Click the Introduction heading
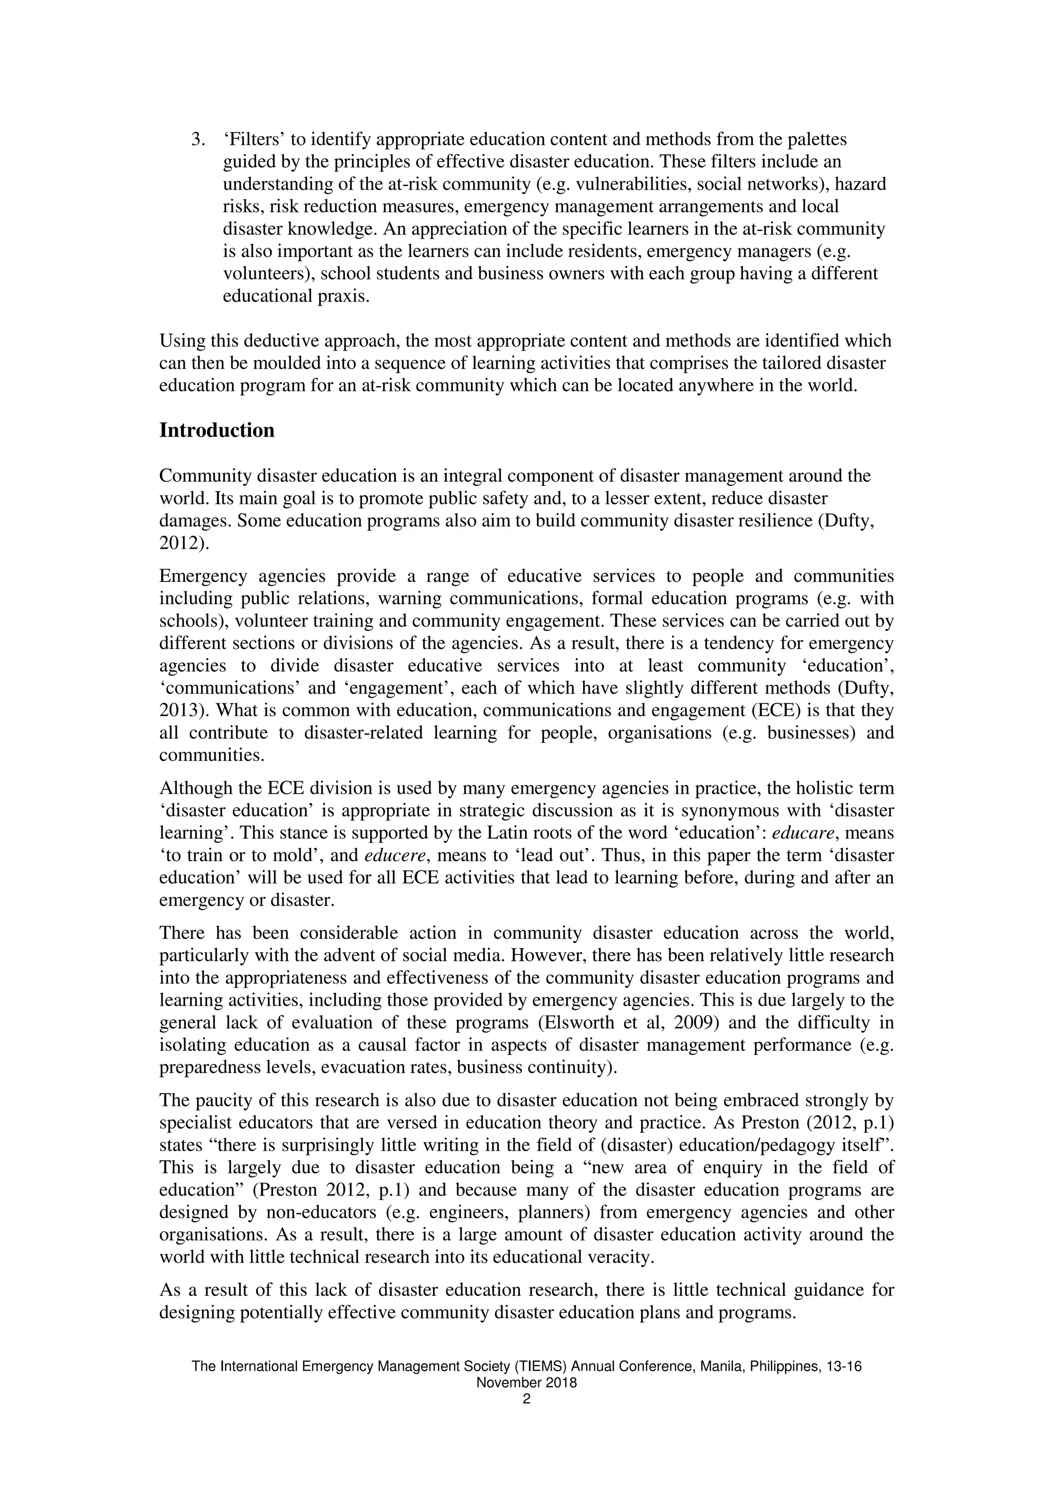click(x=216, y=431)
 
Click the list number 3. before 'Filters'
click(x=198, y=139)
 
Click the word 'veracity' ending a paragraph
click(x=621, y=1257)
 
